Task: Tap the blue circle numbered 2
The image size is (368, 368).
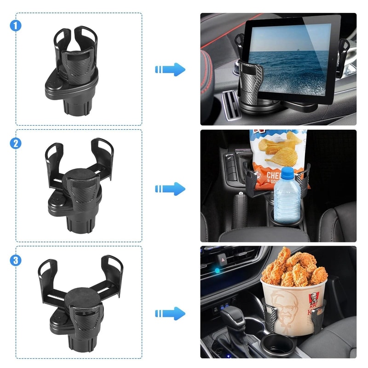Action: (x=16, y=143)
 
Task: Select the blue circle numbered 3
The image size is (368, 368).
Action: (x=16, y=260)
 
